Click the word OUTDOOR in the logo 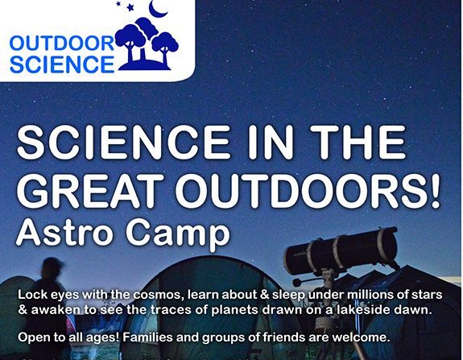coord(62,43)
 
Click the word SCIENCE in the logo coord(62,64)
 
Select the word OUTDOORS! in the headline coord(310,191)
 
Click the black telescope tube coord(341,251)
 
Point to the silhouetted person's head coord(51,267)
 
